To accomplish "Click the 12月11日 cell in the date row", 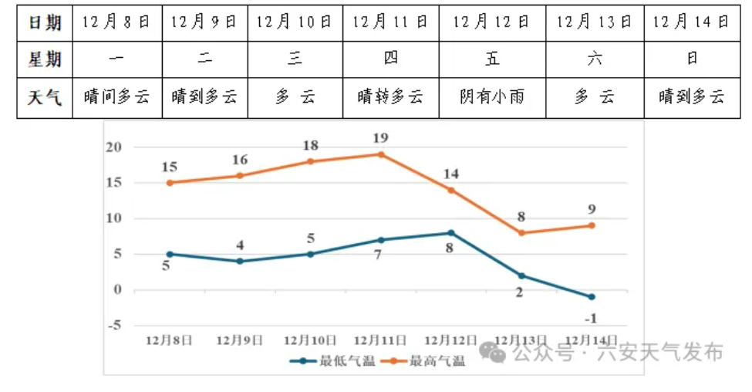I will [x=390, y=22].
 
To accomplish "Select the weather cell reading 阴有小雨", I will [x=492, y=97].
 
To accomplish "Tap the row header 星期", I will [x=45, y=59].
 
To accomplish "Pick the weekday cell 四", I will [x=390, y=59].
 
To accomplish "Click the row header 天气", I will [x=45, y=97].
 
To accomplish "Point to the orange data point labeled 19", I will [x=380, y=154].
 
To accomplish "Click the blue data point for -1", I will [x=592, y=297].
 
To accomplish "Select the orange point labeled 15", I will [x=170, y=183].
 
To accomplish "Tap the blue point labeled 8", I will [x=450, y=233].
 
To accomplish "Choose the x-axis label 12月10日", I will [x=310, y=340].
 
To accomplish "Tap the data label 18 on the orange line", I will [x=310, y=146].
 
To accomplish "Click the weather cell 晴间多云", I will [x=117, y=97].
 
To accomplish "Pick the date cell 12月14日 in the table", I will [x=690, y=22].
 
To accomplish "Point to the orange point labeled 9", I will [x=592, y=225].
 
